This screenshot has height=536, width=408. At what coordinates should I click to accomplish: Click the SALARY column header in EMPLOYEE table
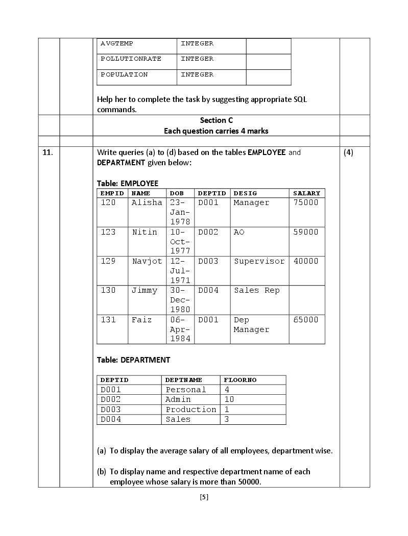point(306,193)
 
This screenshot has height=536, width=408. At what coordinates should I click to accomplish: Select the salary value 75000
point(306,202)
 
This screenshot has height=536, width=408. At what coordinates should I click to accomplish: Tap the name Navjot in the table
point(147,261)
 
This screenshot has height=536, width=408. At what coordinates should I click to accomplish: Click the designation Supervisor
point(259,261)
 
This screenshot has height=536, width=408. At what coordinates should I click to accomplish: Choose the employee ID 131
point(108,320)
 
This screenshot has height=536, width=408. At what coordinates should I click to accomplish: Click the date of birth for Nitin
point(180,241)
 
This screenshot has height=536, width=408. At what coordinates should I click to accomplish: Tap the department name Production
point(190,410)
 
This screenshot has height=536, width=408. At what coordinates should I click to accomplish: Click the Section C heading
point(216,120)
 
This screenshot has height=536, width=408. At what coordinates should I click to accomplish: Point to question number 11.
point(47,152)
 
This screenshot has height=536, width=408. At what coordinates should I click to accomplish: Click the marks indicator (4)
point(348,152)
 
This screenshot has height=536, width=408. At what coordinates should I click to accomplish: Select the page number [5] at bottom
point(204,497)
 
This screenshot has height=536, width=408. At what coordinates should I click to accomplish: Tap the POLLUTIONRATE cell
point(131,59)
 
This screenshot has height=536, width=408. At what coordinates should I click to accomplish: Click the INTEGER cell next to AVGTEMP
point(197,43)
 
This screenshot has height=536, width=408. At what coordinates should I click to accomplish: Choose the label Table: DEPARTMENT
point(133,360)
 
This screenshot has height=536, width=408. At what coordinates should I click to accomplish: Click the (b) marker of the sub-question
point(102,471)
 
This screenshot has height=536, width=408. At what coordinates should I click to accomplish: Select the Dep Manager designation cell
point(251,325)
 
